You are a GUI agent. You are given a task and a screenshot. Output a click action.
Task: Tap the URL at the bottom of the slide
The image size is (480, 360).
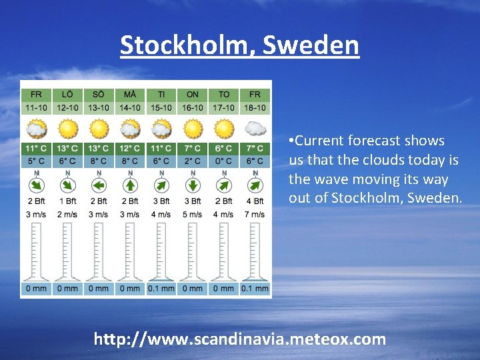[240, 339]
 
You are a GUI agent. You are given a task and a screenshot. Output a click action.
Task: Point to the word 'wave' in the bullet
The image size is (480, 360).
[327, 179]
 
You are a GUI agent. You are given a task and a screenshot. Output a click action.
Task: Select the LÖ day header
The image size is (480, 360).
[67, 95]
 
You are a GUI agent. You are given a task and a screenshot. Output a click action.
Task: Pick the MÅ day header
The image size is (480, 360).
[130, 95]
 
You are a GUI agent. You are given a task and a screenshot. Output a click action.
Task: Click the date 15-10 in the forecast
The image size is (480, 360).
[161, 107]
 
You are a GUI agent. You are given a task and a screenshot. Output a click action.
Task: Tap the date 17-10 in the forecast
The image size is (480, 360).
[224, 107]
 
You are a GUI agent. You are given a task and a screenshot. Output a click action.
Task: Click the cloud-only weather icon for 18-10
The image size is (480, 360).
[255, 127]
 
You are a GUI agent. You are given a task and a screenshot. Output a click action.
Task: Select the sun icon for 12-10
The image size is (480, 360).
[67, 127]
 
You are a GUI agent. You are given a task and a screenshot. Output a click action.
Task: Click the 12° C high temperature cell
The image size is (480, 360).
[130, 149]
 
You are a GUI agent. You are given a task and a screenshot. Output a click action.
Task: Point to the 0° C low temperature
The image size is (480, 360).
[224, 161]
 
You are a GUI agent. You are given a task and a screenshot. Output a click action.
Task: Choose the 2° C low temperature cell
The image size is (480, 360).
[193, 161]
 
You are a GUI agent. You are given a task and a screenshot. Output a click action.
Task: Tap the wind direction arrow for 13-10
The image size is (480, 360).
[99, 183]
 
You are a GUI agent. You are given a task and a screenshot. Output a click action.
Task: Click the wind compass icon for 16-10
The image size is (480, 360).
[193, 183]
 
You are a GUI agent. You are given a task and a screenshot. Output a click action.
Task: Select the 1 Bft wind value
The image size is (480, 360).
[67, 201]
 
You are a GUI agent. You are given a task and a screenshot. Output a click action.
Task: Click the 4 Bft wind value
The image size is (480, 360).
[255, 201]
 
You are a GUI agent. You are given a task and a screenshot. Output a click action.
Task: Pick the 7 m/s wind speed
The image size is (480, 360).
[255, 214]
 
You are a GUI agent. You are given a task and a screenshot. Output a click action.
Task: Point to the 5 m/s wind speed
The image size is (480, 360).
[193, 214]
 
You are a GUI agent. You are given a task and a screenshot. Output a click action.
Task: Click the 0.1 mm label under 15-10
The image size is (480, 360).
[161, 289]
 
